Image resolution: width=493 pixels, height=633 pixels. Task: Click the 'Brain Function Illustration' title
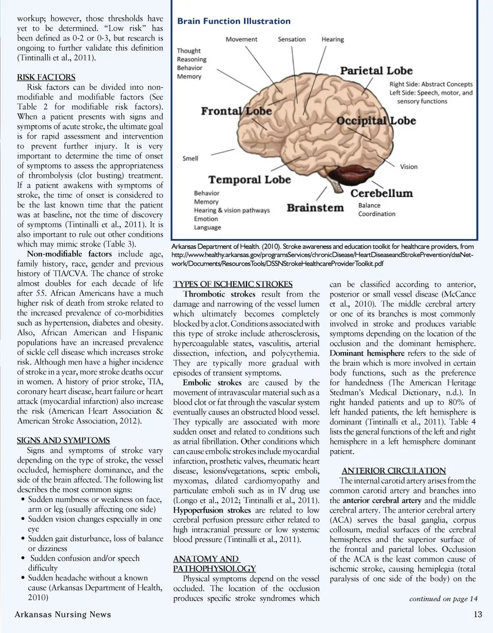tap(234, 21)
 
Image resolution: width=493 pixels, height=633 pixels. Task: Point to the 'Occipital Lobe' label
tap(376, 121)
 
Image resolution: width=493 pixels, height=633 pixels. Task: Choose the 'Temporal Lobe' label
tap(250, 180)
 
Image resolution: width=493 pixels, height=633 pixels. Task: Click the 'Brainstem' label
tap(315, 208)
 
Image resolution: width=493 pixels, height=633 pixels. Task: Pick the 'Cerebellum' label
tap(382, 193)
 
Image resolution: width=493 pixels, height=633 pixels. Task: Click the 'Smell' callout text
tap(191, 158)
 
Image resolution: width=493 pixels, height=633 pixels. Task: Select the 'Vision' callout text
tap(409, 166)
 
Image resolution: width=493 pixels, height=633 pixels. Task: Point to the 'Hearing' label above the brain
tap(333, 39)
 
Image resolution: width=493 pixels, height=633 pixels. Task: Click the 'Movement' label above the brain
tap(241, 39)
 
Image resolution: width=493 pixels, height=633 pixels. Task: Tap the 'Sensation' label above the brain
tap(292, 39)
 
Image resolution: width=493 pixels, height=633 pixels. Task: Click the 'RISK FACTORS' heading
tap(46, 78)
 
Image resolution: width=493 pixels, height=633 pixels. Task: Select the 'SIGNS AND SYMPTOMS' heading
tap(64, 440)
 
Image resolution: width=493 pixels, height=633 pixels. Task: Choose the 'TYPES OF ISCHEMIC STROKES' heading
tap(233, 284)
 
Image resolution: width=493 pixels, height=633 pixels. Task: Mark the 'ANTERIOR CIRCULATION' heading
tap(394, 471)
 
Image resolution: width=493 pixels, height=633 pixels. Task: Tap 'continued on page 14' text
tap(443, 599)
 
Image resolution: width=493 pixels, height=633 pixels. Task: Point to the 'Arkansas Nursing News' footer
tap(63, 615)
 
